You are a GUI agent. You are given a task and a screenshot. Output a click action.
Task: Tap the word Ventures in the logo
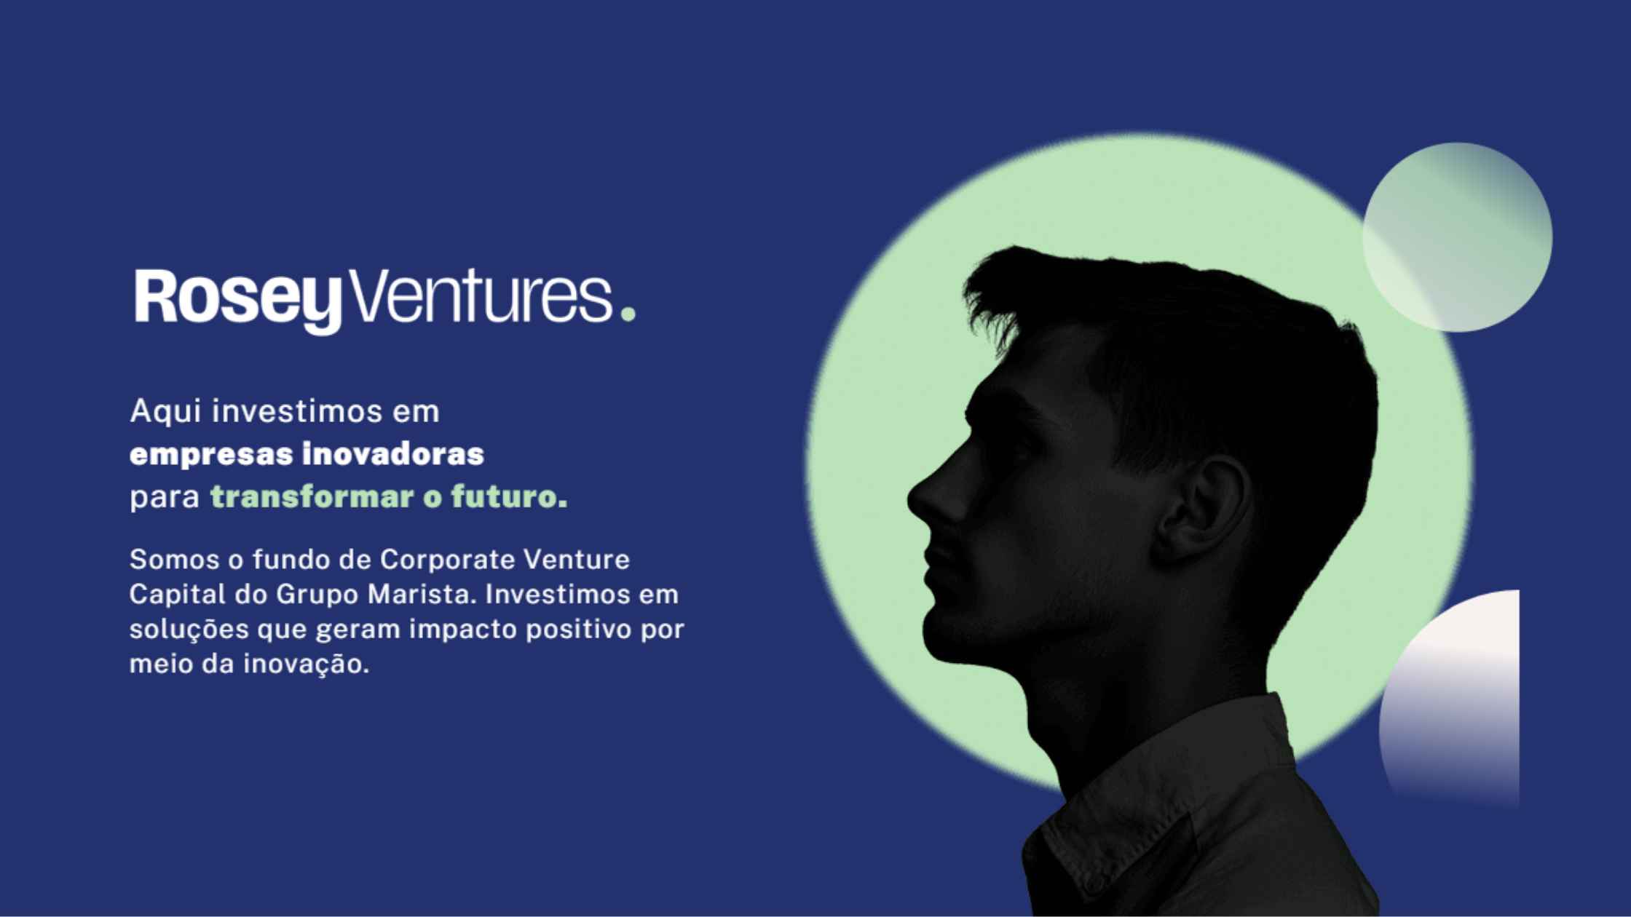tap(482, 296)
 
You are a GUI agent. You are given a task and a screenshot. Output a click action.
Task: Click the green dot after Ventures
tap(628, 314)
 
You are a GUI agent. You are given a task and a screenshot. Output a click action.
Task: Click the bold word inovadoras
tap(393, 453)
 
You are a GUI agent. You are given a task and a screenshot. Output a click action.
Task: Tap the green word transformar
tap(312, 496)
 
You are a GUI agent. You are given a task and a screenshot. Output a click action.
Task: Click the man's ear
tap(1201, 509)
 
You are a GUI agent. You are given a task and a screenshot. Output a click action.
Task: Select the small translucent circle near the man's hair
tap(1457, 237)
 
